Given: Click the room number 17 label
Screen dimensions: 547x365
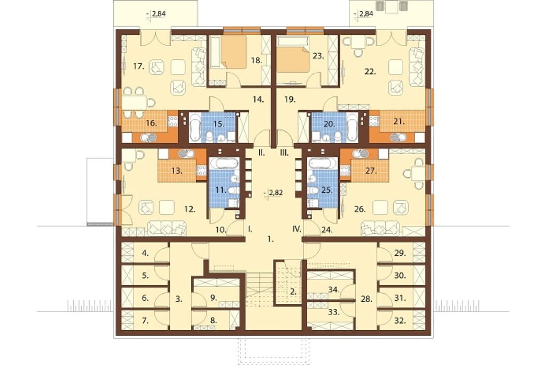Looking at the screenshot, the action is pos(138,66).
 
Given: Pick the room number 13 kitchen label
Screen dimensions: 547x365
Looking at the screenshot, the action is pos(177,171).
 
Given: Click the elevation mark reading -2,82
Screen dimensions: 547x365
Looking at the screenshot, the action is pos(273,193).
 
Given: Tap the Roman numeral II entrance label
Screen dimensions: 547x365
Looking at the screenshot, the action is pos(261,153).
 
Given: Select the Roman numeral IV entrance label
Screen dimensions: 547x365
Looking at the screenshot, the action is pos(296,230).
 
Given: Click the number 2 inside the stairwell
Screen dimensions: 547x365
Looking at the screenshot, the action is pos(293,292).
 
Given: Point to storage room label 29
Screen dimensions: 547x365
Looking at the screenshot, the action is pos(400,253).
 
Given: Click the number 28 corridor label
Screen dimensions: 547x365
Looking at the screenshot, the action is pos(366,299).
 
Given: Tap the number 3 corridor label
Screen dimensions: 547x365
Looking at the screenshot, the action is pos(179,299).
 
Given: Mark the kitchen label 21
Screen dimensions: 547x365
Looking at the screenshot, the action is pos(398,121).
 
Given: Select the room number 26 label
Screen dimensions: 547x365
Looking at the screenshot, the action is pos(360,209).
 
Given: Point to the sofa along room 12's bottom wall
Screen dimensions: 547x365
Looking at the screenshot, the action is pos(167,229).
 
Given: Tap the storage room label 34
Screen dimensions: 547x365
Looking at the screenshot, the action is pos(334,289).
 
